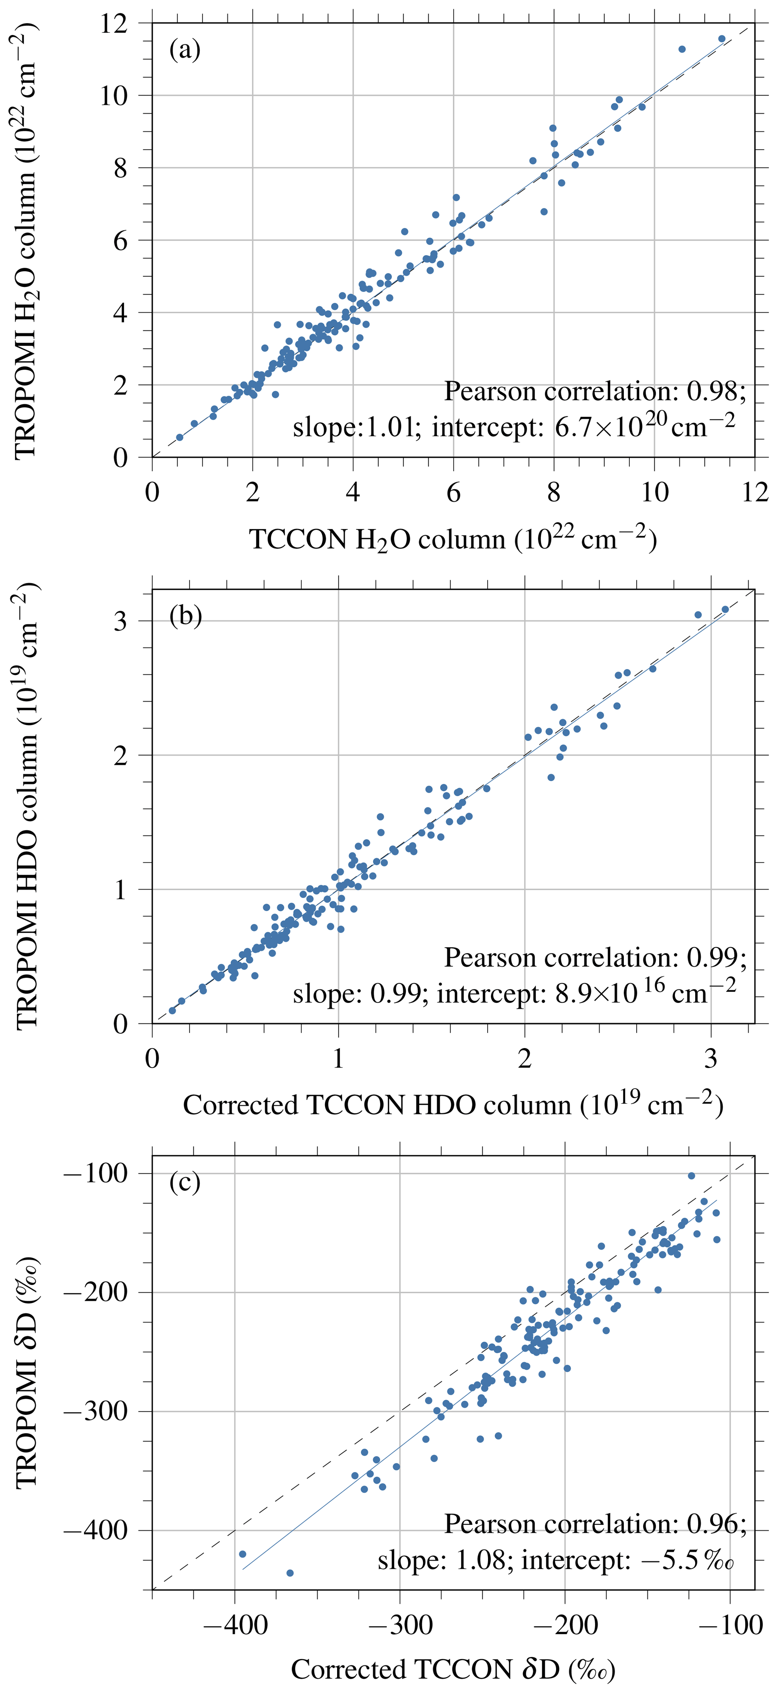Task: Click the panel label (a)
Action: coord(185,49)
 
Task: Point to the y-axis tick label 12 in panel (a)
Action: coord(114,24)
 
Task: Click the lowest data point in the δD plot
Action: coord(290,1573)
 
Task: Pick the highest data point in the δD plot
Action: coord(691,1176)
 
